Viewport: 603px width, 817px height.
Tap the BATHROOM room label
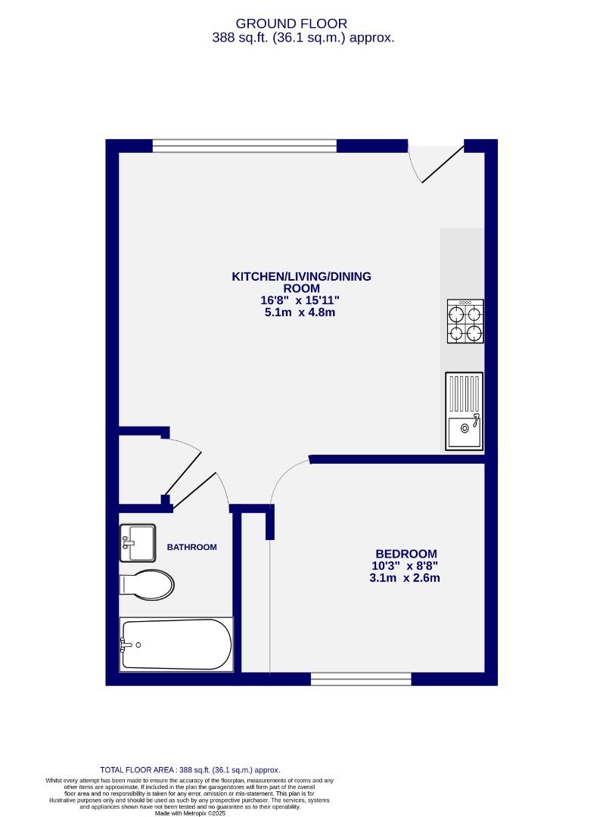[192, 547]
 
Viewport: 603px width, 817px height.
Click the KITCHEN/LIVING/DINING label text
[301, 277]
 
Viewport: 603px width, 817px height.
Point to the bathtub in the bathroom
[176, 644]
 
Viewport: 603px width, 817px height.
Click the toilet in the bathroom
[147, 584]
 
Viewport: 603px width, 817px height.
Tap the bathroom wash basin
[137, 542]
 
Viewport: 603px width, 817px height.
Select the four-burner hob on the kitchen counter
[465, 322]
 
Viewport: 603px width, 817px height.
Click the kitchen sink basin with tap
[463, 433]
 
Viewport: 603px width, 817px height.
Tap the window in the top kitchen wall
[244, 145]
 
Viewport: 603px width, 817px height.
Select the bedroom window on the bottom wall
[360, 679]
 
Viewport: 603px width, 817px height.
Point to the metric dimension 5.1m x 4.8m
[301, 312]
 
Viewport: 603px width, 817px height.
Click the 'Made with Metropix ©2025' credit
[190, 813]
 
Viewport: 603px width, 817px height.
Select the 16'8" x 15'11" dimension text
[301, 300]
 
